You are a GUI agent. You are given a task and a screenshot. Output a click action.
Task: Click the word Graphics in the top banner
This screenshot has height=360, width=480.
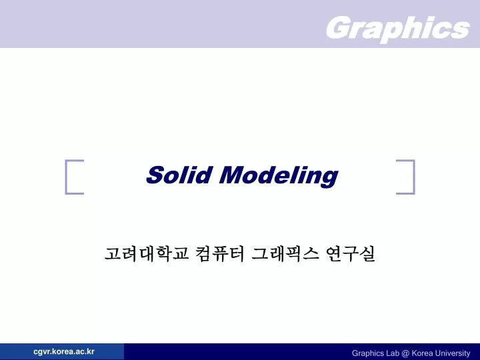pos(397,28)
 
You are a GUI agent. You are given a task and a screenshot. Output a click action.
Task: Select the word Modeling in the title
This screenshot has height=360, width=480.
pos(278,177)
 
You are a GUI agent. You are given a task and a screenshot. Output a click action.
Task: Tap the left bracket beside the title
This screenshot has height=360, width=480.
pos(74,177)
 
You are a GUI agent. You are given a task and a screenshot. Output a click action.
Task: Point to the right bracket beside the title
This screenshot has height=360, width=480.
pos(406,177)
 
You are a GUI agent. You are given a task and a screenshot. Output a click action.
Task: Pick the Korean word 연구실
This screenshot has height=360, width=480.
pos(351,254)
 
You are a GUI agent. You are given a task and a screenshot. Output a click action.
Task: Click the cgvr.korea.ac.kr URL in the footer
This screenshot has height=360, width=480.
pos(64,351)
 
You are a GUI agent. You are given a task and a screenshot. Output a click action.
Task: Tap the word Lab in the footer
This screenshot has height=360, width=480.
pos(391,353)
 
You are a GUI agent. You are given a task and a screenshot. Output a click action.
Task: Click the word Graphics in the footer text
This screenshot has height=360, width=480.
pos(367,353)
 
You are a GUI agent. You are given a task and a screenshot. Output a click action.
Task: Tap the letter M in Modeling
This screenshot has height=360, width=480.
pos(230,175)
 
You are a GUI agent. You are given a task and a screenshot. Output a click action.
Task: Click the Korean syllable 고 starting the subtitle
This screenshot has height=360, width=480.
pos(112,254)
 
